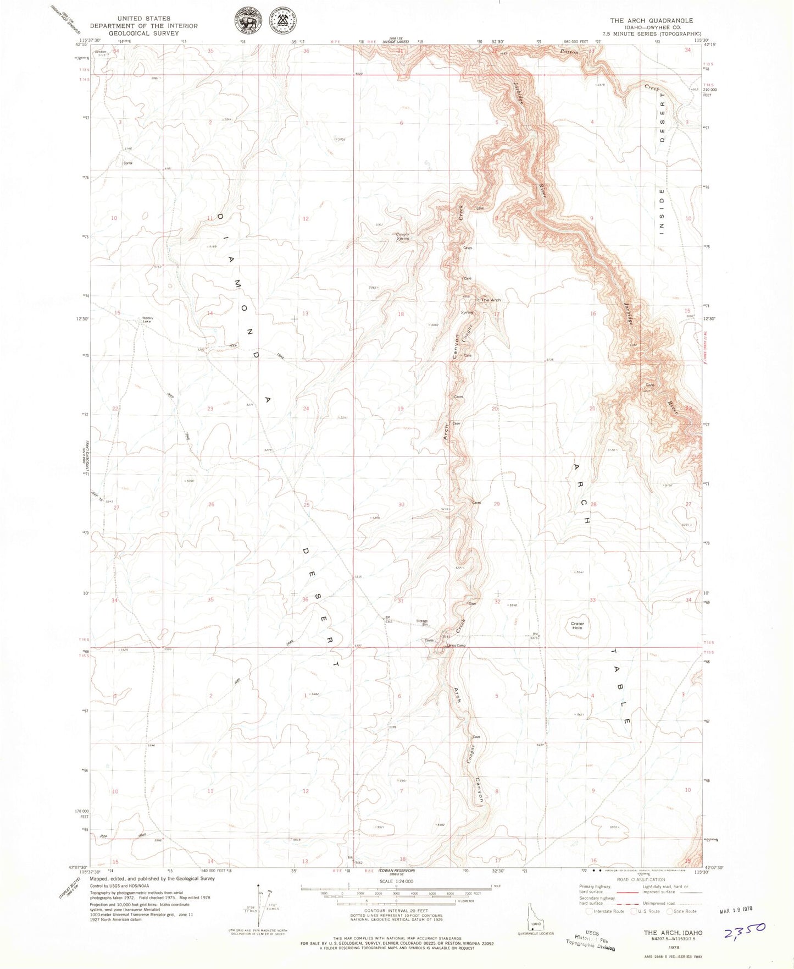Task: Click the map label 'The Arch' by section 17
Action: tap(491, 300)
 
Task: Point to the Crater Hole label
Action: tap(577, 625)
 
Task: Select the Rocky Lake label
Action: tap(147, 320)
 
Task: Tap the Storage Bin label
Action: tap(421, 622)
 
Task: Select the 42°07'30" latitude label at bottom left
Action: tap(76, 867)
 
